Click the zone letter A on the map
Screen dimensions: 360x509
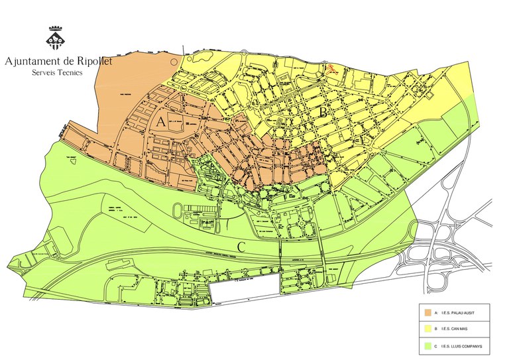[162, 121]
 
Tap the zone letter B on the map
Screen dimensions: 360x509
[324, 113]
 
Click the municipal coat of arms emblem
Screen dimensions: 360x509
[55, 38]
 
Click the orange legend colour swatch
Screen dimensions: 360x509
[427, 312]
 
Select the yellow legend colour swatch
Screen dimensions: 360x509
[427, 328]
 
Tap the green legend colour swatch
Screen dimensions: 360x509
[427, 345]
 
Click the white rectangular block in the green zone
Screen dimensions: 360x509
[245, 290]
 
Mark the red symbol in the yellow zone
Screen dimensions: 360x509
[333, 67]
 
